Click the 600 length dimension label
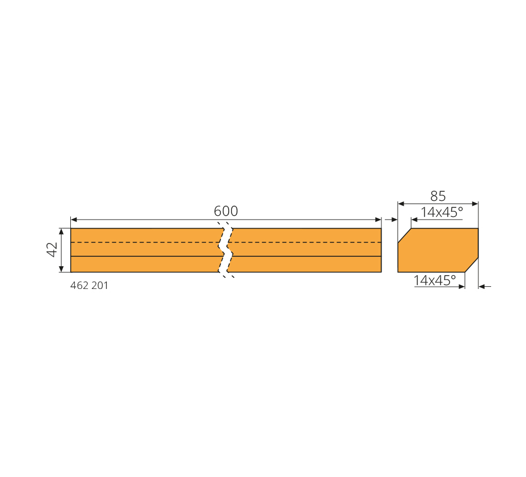(x=226, y=211)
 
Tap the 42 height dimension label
(x=53, y=250)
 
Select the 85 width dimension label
(x=438, y=196)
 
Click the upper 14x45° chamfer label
(x=442, y=212)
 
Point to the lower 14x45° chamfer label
(x=435, y=280)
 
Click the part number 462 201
(x=89, y=286)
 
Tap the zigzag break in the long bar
(x=226, y=250)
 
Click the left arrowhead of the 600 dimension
(x=74, y=220)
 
